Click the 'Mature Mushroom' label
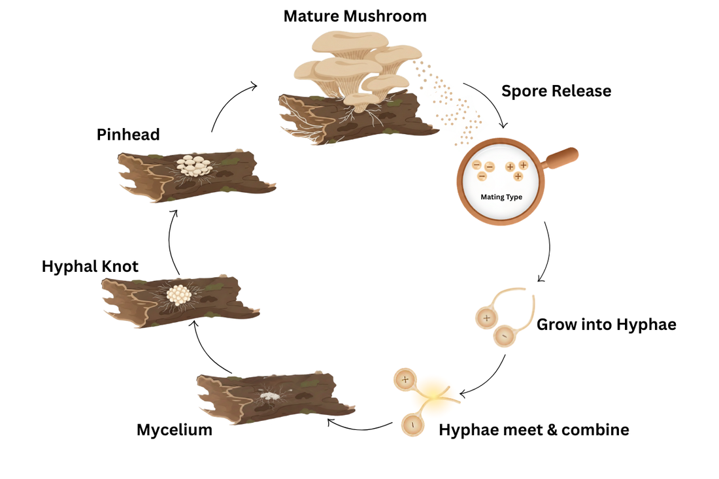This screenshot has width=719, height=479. click(x=355, y=16)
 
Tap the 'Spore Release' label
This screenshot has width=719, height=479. click(x=556, y=91)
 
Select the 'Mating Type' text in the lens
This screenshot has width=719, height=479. click(x=501, y=197)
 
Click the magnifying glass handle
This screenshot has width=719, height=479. click(x=561, y=158)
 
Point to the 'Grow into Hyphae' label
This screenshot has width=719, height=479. click(x=606, y=324)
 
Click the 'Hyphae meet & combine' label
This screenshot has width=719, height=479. click(x=534, y=430)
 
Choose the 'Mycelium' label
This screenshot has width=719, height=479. click(x=175, y=430)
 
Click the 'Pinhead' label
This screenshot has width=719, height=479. click(x=128, y=135)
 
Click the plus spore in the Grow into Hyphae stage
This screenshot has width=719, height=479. click(x=486, y=318)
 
